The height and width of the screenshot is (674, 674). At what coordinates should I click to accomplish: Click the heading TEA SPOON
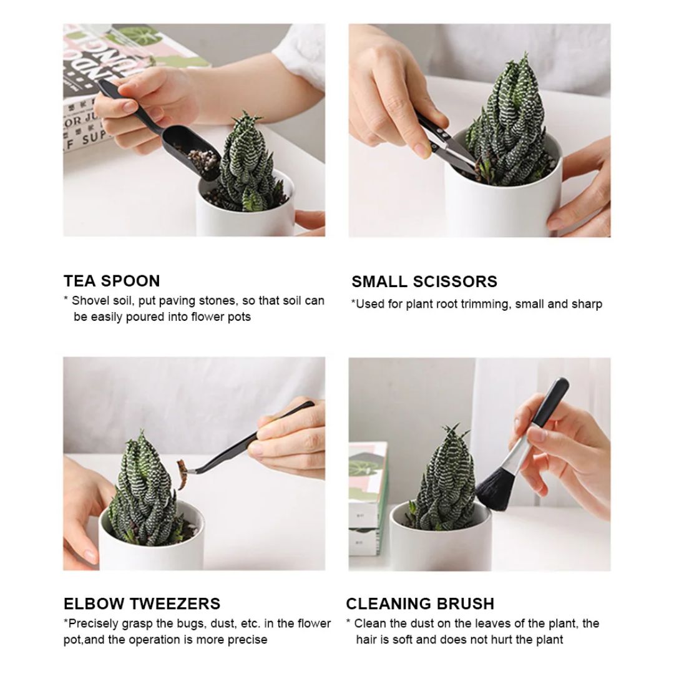pyautogui.click(x=112, y=281)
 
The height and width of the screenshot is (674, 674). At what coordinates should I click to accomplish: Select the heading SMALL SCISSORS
pyautogui.click(x=424, y=281)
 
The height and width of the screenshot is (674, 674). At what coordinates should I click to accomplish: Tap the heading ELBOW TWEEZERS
pyautogui.click(x=142, y=603)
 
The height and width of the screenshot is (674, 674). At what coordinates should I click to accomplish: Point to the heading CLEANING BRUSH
pyautogui.click(x=420, y=603)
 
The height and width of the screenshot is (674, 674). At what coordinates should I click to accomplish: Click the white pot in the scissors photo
pyautogui.click(x=499, y=200)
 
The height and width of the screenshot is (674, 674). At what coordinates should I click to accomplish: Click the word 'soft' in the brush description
pyautogui.click(x=410, y=640)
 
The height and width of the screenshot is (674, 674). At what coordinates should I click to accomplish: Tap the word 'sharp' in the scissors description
pyautogui.click(x=587, y=305)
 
